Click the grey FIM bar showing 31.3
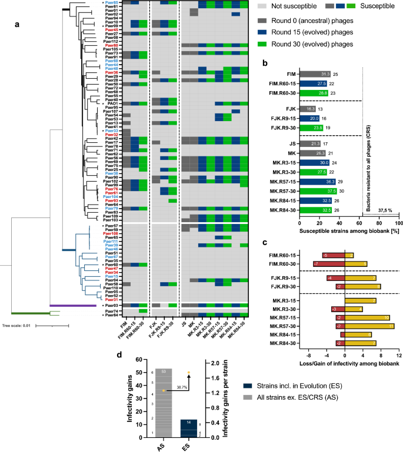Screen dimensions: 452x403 tap(315, 75)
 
